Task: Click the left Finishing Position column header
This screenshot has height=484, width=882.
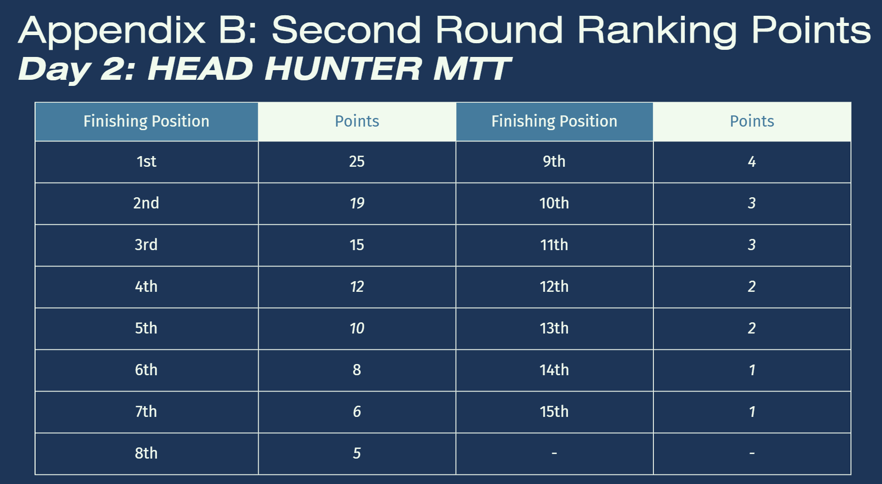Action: [146, 122]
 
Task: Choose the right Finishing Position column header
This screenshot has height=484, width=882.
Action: [554, 122]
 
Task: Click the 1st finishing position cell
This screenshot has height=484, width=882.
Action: [146, 162]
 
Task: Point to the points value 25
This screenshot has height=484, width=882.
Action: [357, 162]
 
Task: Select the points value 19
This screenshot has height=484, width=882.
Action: [357, 203]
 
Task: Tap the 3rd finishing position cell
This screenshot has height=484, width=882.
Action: [146, 245]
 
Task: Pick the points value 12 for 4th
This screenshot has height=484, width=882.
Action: [357, 287]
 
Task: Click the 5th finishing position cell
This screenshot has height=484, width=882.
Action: [146, 328]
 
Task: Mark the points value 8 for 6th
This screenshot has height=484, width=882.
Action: [357, 370]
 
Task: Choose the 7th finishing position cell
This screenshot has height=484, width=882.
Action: [146, 412]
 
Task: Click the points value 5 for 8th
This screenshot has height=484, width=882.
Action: [357, 453]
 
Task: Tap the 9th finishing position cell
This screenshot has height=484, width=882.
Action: [554, 162]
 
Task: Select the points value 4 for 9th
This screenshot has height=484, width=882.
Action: [752, 162]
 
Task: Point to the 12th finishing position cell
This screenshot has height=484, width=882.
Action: [554, 287]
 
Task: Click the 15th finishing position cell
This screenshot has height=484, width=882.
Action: [554, 412]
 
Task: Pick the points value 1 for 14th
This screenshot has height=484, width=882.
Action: [752, 370]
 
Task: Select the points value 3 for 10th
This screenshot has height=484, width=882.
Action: [752, 203]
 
